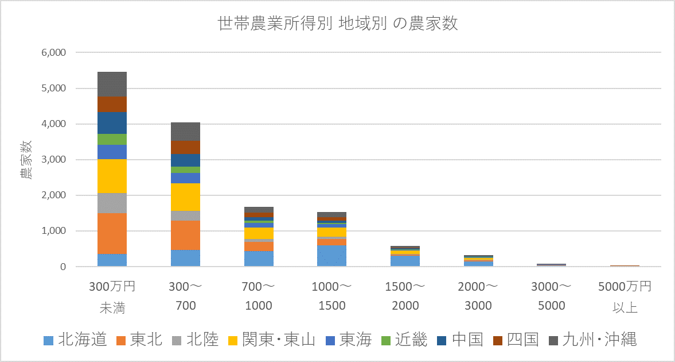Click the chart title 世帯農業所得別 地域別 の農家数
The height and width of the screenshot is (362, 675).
coord(337,25)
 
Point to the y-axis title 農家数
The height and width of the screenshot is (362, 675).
coord(26,159)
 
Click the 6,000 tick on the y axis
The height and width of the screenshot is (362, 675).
coord(54,52)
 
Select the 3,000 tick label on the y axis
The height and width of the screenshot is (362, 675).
coord(54,159)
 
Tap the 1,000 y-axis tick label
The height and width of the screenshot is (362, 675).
coord(54,231)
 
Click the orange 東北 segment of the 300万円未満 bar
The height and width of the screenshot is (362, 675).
coord(112,233)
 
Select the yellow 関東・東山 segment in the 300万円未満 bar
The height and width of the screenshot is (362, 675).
coord(112,176)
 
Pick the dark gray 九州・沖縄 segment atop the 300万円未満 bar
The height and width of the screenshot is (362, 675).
coord(112,84)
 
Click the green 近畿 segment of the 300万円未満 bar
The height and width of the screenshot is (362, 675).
coord(112,139)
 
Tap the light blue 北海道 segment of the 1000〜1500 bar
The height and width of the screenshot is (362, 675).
coord(332,256)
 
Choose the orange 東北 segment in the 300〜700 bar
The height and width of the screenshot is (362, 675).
coord(185,235)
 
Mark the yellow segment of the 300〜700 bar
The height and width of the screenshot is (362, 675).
coord(185,197)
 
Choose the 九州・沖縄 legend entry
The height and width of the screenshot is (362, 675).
coord(593,340)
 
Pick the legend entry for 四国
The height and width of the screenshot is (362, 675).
coord(516,340)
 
